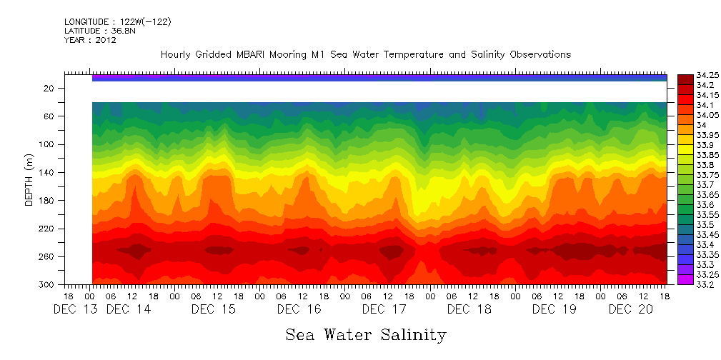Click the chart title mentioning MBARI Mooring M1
point(365,54)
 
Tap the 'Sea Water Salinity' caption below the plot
point(366,334)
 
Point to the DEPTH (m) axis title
point(29,179)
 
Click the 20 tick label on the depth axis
point(49,88)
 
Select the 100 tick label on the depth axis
point(47,144)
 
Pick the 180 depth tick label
point(47,201)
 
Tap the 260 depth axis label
point(47,256)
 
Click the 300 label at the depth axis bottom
point(47,284)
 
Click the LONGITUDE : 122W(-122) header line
point(117,21)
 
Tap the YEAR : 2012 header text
point(90,40)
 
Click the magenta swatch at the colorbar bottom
point(685,279)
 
